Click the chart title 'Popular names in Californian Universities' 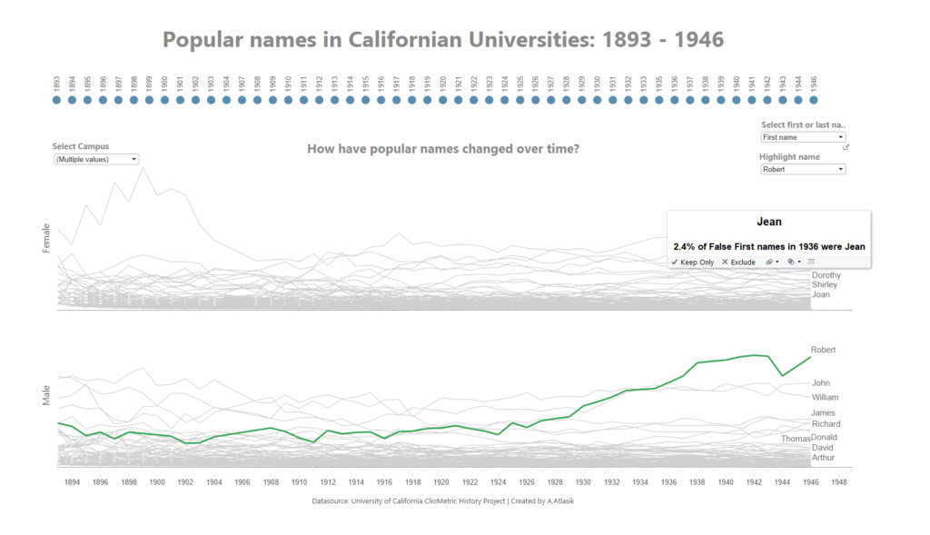(x=443, y=40)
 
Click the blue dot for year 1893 (x=57, y=101)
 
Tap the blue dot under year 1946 (x=814, y=101)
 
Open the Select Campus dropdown (x=95, y=159)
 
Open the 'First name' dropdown (x=803, y=137)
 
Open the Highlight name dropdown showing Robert (x=803, y=169)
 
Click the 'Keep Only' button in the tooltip (x=693, y=262)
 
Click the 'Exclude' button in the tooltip (x=738, y=262)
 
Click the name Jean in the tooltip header (x=769, y=222)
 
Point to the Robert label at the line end (x=823, y=350)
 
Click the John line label (x=820, y=383)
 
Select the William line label (x=825, y=397)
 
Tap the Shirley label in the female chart (x=825, y=284)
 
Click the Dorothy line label (x=826, y=274)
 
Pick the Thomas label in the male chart (x=795, y=439)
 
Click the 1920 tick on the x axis (x=440, y=482)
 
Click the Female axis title (x=46, y=239)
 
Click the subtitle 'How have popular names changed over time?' (x=442, y=149)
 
